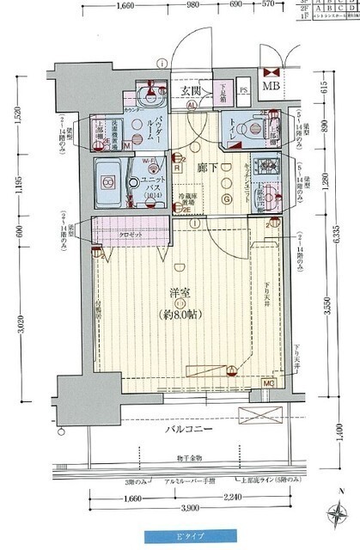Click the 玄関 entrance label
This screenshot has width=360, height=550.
[191, 90]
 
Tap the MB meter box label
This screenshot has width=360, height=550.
[271, 88]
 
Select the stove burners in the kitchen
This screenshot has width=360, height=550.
[269, 165]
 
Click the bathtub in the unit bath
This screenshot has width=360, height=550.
[109, 181]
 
